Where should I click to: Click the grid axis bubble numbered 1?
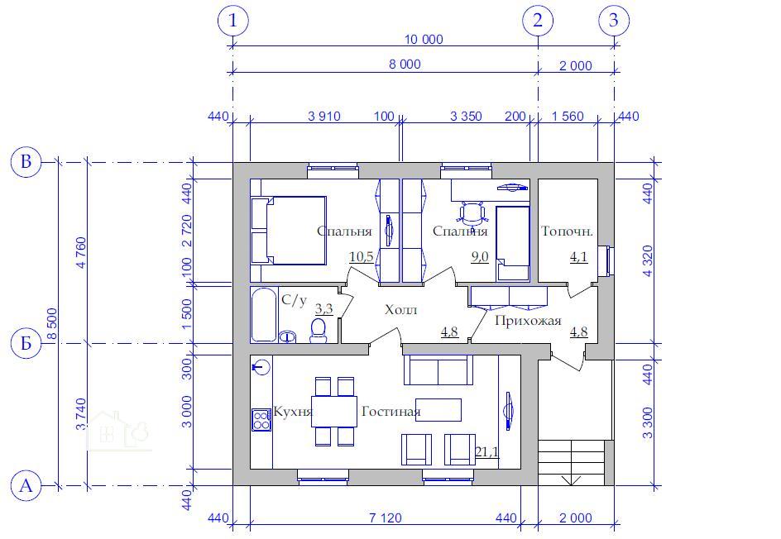232,21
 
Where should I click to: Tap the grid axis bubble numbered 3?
614,21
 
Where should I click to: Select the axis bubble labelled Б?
26,343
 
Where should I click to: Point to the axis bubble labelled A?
26,485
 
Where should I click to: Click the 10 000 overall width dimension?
424,40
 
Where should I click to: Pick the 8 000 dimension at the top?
405,64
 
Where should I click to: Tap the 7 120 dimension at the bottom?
386,518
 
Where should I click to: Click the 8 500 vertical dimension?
52,323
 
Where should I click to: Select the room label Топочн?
567,231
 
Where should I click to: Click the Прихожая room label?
528,321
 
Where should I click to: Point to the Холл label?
401,310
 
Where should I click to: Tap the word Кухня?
293,412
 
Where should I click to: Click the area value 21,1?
486,452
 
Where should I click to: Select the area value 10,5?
361,257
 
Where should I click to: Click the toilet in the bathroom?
318,331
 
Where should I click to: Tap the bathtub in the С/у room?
263,315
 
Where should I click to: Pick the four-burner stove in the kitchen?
261,420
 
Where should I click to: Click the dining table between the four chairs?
334,411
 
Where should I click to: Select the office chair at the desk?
471,212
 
